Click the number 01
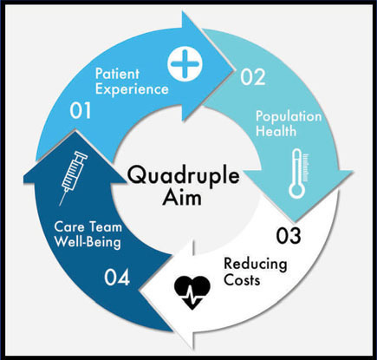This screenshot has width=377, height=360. (81, 110)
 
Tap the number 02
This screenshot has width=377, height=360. (253, 77)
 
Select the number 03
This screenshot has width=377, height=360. (289, 236)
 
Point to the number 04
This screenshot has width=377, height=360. (117, 278)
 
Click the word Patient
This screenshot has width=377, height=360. (117, 74)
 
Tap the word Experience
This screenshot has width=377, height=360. (132, 89)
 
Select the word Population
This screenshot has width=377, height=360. (289, 116)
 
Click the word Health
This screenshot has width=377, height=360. (276, 131)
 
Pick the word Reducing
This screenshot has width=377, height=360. (256, 265)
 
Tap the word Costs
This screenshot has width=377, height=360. (242, 280)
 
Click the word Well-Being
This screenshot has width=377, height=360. (88, 242)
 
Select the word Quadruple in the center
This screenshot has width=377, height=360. (184, 176)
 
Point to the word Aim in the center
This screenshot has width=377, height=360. (182, 198)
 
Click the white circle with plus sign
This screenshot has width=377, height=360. (185, 64)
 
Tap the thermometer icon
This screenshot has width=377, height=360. (298, 173)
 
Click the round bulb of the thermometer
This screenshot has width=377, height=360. (296, 191)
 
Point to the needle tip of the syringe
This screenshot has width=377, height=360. (60, 206)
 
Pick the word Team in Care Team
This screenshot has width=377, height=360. (106, 226)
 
